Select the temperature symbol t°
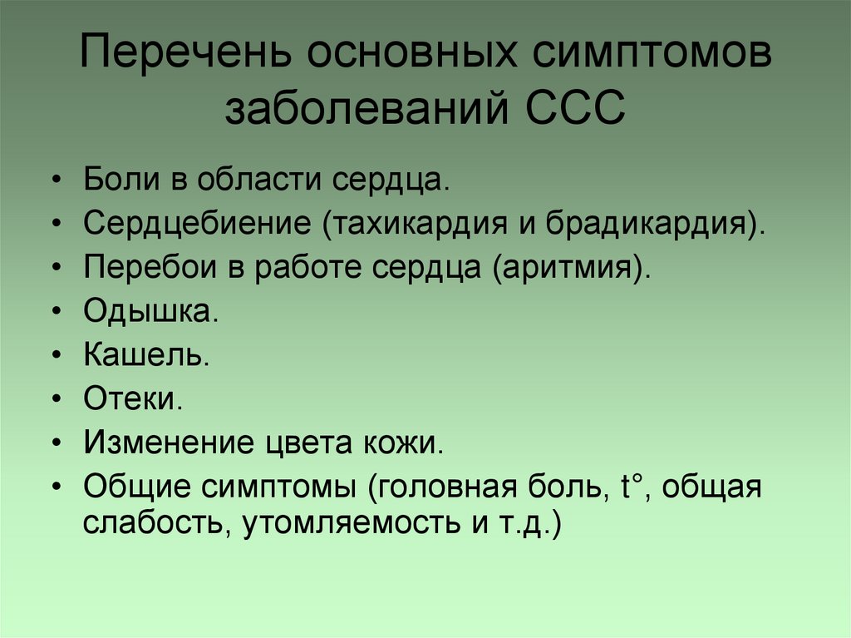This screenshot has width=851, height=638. coord(633,485)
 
